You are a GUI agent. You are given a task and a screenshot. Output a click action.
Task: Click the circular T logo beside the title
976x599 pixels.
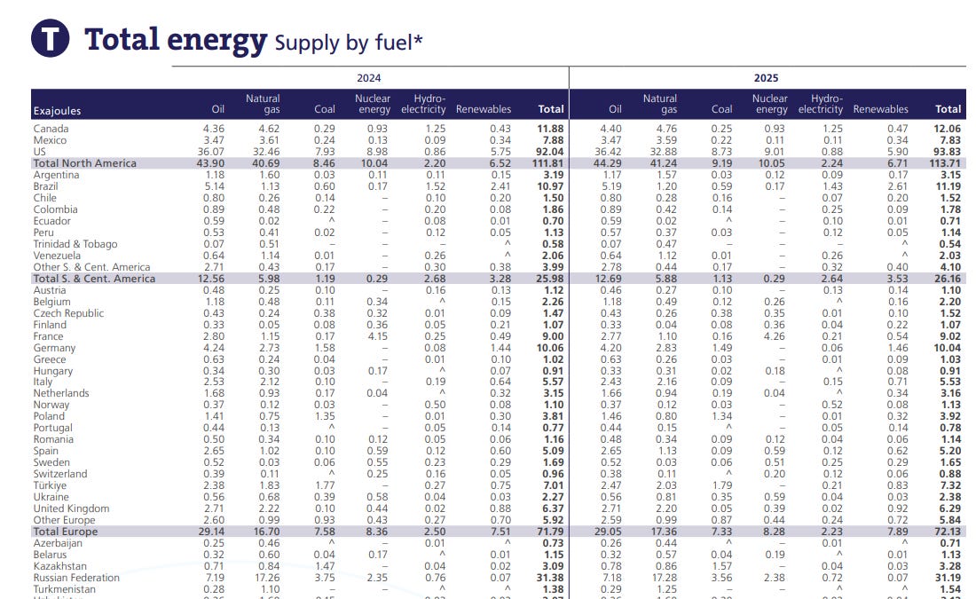[50, 38]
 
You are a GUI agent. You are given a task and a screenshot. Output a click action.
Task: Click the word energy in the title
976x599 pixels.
[216, 41]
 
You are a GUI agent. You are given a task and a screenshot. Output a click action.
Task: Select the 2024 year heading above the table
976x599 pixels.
[368, 78]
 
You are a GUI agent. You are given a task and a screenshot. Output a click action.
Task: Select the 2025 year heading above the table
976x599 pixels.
[766, 78]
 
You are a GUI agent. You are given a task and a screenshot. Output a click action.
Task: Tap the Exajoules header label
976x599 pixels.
[58, 111]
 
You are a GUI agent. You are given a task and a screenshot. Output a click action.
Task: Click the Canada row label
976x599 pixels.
[51, 129]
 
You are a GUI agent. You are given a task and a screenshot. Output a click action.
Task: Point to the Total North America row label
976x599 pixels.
[84, 163]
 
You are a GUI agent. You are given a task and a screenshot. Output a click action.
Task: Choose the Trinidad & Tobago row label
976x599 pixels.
[75, 244]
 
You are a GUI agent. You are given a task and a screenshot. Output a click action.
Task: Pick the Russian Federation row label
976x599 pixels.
[76, 578]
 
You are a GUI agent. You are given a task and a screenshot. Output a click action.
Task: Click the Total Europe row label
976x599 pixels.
[66, 532]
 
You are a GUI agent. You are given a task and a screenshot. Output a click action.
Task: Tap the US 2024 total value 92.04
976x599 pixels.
[549, 152]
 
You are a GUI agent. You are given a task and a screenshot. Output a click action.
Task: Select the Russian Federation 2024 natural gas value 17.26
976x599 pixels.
[269, 578]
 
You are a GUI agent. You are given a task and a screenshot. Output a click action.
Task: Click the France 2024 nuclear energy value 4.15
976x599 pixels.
[377, 336]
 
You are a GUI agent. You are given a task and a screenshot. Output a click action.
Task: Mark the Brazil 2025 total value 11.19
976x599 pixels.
[948, 186]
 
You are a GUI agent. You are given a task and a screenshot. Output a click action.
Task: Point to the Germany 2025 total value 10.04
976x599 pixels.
[948, 348]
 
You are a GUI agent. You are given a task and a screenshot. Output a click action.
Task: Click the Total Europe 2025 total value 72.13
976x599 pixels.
[948, 532]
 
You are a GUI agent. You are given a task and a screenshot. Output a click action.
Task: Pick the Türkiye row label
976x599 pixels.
[50, 485]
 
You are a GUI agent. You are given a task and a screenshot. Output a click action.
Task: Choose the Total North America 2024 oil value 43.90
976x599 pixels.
[210, 163]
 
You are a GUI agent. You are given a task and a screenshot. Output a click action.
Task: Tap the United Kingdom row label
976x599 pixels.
[71, 508]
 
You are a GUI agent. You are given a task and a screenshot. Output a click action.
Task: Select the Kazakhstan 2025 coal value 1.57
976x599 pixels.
[722, 566]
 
